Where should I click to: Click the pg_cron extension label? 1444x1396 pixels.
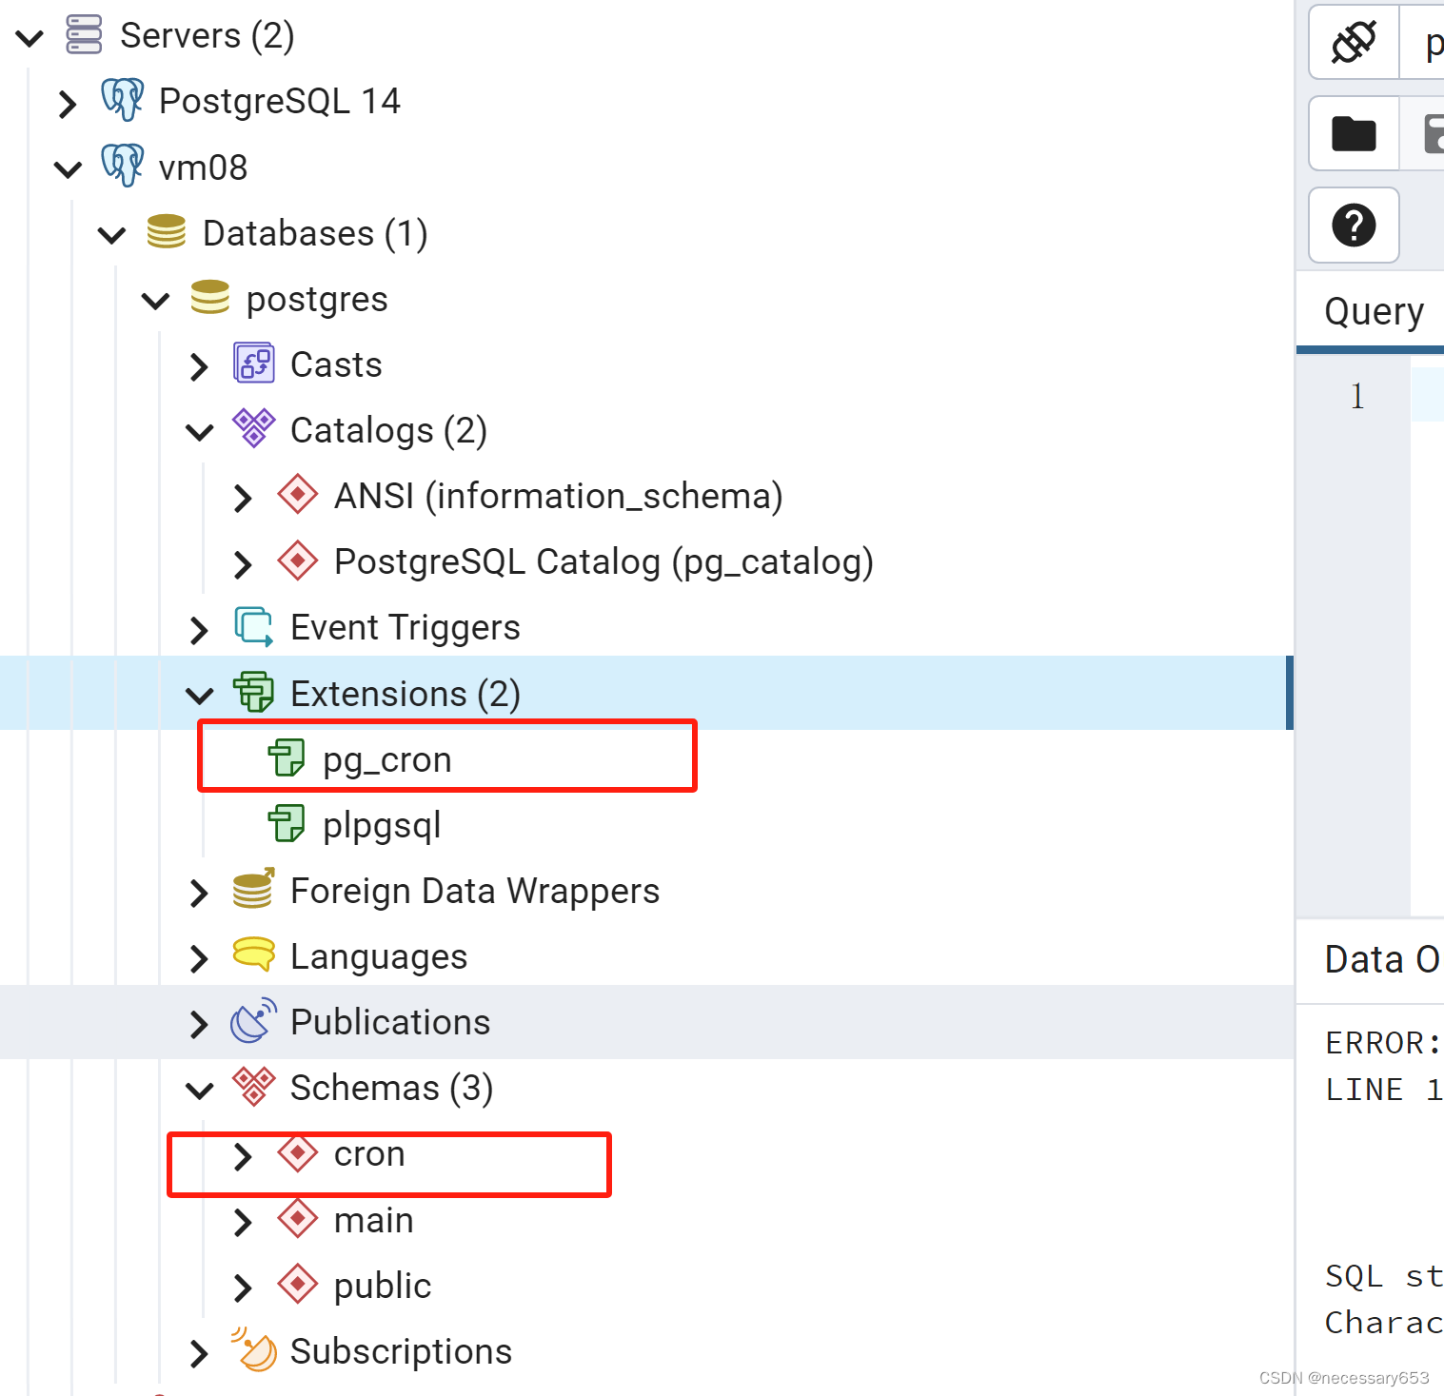tap(386, 759)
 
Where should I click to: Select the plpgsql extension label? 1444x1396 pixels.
tap(382, 825)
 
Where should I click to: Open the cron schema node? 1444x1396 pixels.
tap(369, 1154)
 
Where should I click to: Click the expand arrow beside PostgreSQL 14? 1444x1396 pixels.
tap(67, 103)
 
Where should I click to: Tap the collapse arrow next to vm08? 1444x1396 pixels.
tap(67, 169)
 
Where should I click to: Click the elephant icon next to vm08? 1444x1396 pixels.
tap(123, 166)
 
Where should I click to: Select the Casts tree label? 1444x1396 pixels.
tap(336, 365)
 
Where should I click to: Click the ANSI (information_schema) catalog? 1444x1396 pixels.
tap(558, 497)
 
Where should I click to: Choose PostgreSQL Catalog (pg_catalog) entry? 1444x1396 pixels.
tap(603, 562)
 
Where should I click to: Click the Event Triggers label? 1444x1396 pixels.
tap(405, 628)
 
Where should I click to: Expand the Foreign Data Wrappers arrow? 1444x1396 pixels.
tap(198, 893)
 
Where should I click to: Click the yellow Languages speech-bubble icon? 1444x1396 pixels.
tap(253, 954)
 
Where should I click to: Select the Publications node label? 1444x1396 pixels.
tap(390, 1022)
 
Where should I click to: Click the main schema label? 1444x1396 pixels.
tap(373, 1220)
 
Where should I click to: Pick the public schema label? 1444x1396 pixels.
tap(383, 1286)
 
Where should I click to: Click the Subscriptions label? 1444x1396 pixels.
tap(401, 1351)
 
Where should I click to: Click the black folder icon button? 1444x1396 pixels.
tap(1353, 133)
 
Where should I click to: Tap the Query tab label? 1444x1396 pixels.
tap(1374, 311)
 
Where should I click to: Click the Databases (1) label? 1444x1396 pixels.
tap(315, 234)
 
